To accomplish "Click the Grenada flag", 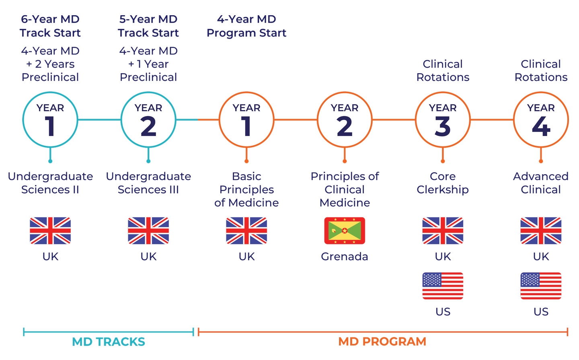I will (345, 231).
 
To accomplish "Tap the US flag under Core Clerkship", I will (443, 286).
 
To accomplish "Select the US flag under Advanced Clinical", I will (541, 286).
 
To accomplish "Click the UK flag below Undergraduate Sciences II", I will (50, 231).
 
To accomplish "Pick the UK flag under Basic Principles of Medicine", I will (246, 231).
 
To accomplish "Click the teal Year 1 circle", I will (50, 120).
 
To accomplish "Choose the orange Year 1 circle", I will (246, 120).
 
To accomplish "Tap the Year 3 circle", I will (443, 120).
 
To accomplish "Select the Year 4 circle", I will (541, 120).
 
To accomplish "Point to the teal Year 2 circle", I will (148, 120).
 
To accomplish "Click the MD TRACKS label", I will (109, 342).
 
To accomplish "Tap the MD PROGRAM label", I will (382, 342).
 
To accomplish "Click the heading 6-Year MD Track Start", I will (50, 26).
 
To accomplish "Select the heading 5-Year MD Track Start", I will (148, 26).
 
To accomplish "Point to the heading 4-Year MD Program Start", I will (246, 26).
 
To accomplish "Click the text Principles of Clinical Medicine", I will (345, 189).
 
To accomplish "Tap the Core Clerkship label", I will (443, 183).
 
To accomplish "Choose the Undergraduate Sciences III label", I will (148, 183).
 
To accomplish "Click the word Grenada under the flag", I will (345, 257).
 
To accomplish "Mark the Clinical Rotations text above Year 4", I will (541, 71).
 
